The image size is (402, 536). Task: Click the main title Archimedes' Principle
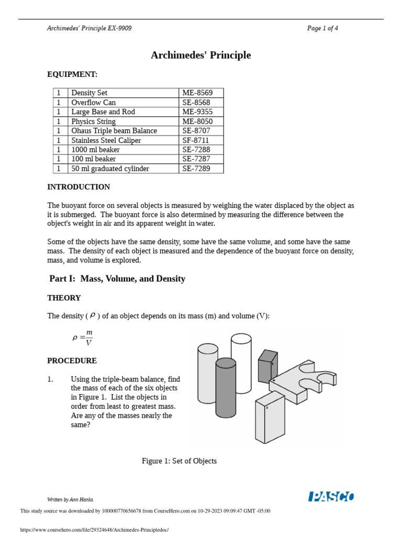[x=200, y=55]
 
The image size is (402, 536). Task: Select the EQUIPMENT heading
[x=72, y=74]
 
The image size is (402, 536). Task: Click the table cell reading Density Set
[x=90, y=93]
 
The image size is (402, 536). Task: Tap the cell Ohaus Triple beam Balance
[x=114, y=131]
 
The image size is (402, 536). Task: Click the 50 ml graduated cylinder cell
[x=110, y=169]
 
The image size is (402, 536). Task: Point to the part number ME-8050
[x=197, y=121]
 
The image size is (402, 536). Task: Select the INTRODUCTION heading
[x=79, y=187]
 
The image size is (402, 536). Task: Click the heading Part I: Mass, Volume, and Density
[x=117, y=278]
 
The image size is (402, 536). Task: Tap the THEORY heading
[x=64, y=298]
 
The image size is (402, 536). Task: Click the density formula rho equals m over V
[x=83, y=338]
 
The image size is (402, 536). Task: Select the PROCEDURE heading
[x=72, y=361]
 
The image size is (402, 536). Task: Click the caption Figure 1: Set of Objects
[x=179, y=461]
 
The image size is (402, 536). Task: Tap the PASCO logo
[x=331, y=497]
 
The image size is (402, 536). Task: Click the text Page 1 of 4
[x=322, y=28]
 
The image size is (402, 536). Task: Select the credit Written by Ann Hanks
[x=70, y=499]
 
